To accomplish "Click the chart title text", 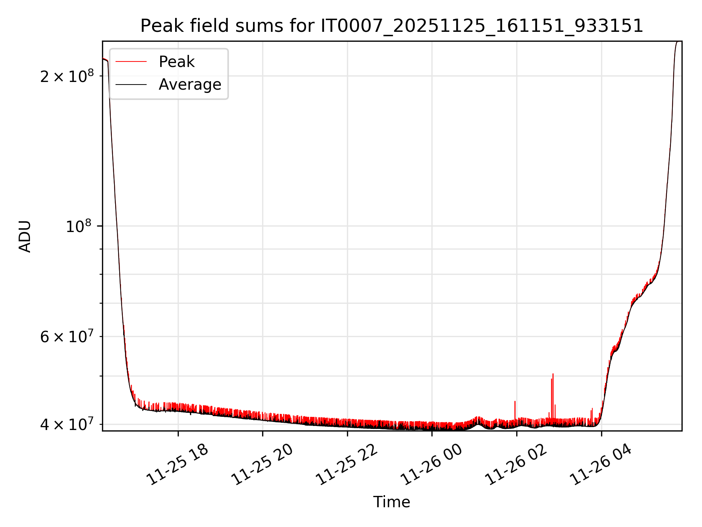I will pos(392,26).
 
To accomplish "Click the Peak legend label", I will pos(177,62).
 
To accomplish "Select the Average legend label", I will pos(190,85).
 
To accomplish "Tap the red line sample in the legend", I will pos(131,62).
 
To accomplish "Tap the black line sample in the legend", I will pos(131,85).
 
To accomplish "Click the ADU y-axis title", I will pos(25,236).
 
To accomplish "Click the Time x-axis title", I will pos(392,502).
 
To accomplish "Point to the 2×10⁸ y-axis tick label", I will pos(67,76).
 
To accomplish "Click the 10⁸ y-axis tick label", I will pos(80,226).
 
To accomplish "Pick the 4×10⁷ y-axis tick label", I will pos(67,425).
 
